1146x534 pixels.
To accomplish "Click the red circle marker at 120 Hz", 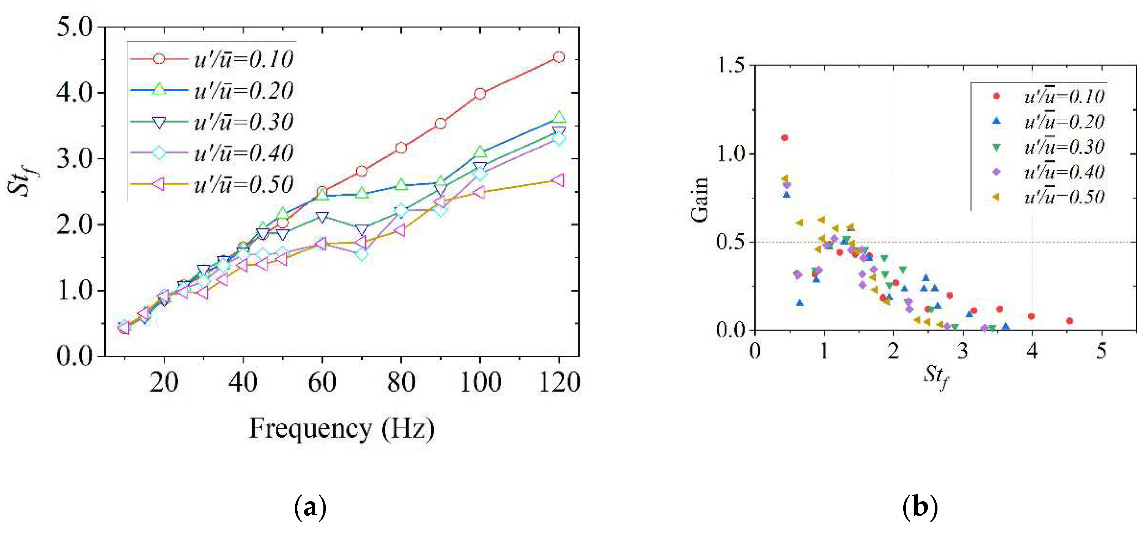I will click(x=559, y=57).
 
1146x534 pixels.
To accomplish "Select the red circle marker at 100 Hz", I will click(x=479, y=93).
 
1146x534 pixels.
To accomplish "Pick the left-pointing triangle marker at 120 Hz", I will click(x=558, y=180).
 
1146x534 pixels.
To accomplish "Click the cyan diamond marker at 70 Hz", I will click(x=362, y=254).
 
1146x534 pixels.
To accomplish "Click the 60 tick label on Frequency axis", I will click(x=322, y=382).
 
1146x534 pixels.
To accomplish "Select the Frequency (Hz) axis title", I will click(x=342, y=429).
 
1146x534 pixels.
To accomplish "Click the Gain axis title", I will click(x=699, y=199).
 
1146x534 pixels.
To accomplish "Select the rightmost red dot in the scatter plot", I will click(x=1070, y=321).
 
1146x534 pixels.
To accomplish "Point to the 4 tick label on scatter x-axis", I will click(x=1032, y=351).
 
